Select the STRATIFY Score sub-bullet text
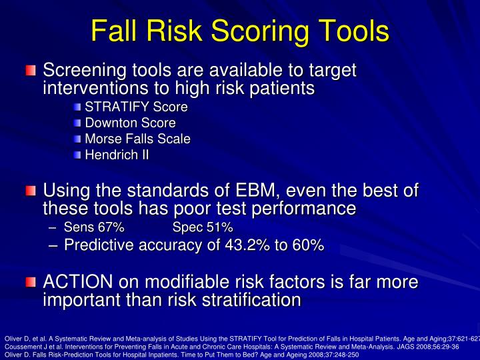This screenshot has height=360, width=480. (136, 107)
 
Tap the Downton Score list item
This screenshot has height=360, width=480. (130, 123)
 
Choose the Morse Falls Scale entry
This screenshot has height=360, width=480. (137, 139)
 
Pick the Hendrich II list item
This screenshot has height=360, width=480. (117, 155)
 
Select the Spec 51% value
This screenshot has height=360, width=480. (203, 228)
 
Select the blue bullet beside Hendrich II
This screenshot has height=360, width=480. (78, 155)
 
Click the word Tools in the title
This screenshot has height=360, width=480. (351, 31)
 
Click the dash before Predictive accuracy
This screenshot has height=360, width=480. (53, 245)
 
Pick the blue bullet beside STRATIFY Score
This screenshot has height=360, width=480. (78, 107)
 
